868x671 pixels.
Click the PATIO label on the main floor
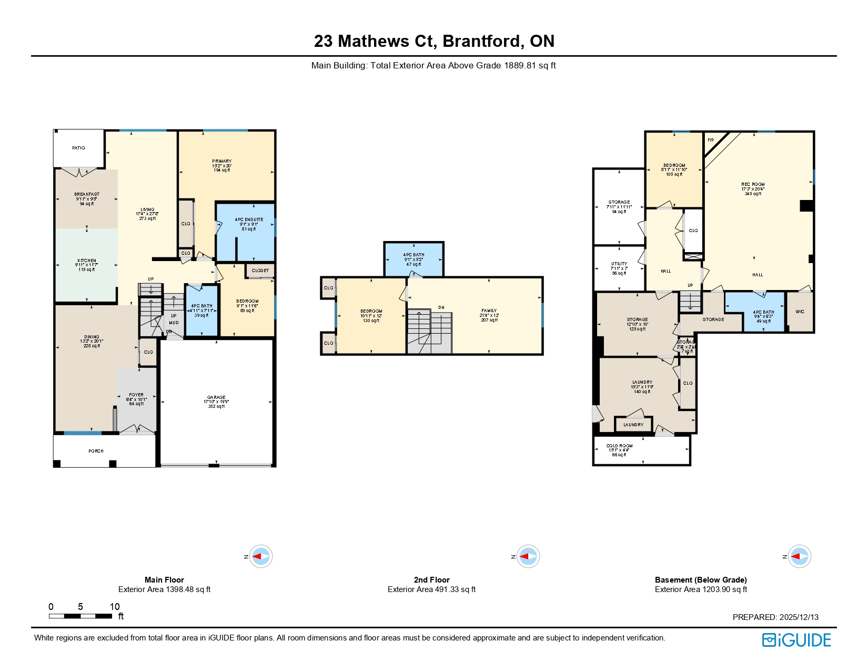[x=78, y=148]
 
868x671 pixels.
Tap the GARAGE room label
[x=216, y=398]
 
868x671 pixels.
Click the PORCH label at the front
[x=96, y=451]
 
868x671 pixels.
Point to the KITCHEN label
[x=87, y=261]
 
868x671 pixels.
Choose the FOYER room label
[x=136, y=395]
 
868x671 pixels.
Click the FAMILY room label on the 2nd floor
[x=489, y=311]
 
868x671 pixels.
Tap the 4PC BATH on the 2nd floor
[x=413, y=255]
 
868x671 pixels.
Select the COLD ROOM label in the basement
[x=619, y=446]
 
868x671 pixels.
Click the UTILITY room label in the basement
[x=619, y=264]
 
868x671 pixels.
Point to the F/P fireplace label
[x=711, y=141]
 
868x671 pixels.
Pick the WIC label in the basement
[x=800, y=312]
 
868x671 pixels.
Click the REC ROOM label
[x=753, y=185]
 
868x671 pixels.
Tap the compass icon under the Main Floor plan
[x=260, y=556]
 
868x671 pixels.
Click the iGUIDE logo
[x=796, y=640]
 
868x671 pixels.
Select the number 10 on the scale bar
[x=115, y=607]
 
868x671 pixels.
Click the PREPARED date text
[x=775, y=617]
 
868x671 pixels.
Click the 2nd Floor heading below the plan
[x=431, y=580]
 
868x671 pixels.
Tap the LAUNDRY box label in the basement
[x=633, y=425]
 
